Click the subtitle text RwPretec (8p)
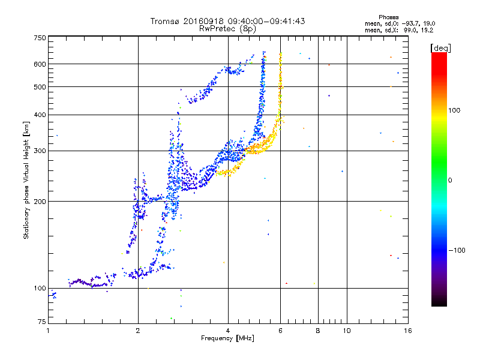click(x=227, y=28)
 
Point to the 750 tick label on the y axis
click(x=40, y=38)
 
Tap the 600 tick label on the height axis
click(x=40, y=64)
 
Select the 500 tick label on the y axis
click(x=40, y=87)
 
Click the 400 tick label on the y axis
click(x=40, y=115)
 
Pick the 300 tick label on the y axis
click(x=40, y=151)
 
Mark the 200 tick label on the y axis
click(x=40, y=202)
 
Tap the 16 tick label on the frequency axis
click(x=407, y=331)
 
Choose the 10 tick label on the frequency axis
click(x=346, y=331)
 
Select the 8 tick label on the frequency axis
click(x=318, y=331)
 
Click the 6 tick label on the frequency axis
click(x=281, y=331)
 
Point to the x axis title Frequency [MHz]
click(x=227, y=339)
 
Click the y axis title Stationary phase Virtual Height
click(x=26, y=180)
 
